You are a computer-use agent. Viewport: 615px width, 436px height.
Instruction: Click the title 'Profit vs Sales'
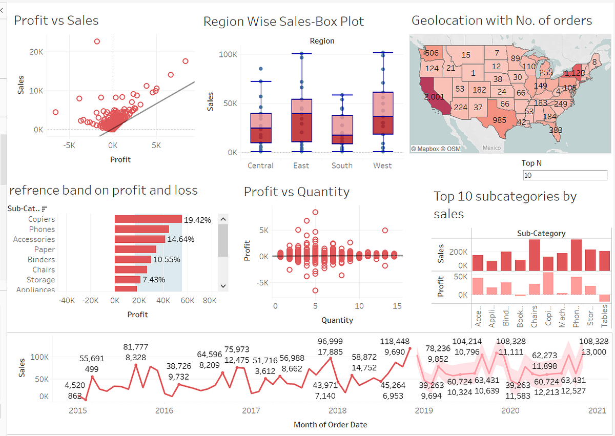pos(56,20)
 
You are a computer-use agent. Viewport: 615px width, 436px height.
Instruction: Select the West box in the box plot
pos(383,113)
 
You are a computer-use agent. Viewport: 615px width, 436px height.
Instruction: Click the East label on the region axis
pos(301,165)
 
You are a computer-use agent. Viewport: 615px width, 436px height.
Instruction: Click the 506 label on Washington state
pos(432,53)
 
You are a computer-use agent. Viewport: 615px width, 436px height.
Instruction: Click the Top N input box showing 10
pos(564,176)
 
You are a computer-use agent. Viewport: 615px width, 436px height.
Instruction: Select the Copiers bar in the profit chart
pos(148,219)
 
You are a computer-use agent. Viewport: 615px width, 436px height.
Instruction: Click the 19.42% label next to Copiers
pos(197,220)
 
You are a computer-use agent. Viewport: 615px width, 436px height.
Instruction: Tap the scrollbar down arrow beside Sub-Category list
pos(222,285)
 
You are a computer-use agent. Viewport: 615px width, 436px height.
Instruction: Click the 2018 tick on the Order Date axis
pos(337,410)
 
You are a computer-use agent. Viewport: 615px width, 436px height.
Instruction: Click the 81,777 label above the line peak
pos(136,347)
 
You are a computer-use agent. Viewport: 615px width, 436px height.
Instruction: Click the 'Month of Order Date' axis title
pos(330,424)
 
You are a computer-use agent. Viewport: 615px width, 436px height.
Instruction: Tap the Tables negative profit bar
pos(604,298)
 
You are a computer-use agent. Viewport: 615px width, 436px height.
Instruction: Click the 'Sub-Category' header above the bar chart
pos(541,233)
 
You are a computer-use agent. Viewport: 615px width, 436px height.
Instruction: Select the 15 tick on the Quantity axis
pos(396,306)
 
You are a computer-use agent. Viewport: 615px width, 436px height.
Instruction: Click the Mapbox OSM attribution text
pos(436,149)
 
